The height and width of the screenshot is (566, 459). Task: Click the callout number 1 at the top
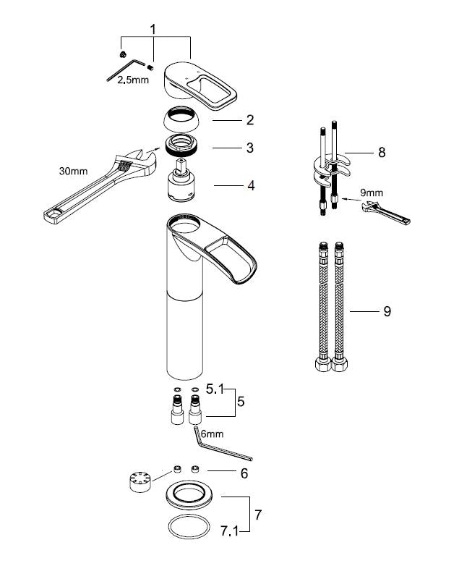coord(153,30)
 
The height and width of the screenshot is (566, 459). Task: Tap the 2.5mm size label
coord(133,80)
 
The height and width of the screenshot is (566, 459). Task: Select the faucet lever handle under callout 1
coord(201,85)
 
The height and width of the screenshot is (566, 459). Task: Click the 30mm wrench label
coord(73,171)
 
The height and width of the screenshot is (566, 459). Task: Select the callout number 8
coord(382,152)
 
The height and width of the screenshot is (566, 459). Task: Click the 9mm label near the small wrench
coord(372,193)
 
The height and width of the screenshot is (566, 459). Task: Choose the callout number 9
coord(387,311)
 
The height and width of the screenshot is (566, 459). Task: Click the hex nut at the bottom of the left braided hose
coord(322,364)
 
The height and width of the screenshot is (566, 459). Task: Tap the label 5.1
coord(215,389)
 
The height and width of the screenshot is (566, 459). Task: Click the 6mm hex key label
coord(212,434)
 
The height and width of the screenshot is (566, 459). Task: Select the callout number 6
coord(244,473)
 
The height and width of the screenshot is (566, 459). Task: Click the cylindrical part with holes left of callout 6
coord(140,481)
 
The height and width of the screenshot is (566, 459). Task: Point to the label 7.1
coord(229,531)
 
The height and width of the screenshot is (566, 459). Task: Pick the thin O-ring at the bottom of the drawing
coord(189,527)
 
